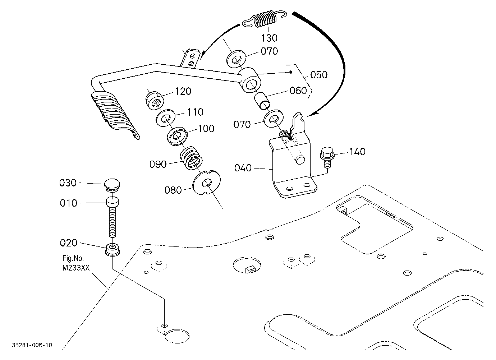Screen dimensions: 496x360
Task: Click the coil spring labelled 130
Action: tap(265, 19)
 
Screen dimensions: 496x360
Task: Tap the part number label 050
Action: tap(319, 75)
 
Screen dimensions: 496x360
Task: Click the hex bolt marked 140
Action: tap(327, 157)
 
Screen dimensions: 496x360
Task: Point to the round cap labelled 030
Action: tap(112, 185)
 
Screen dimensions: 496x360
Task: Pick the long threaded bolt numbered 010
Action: tap(112, 217)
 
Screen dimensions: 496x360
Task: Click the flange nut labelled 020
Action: tap(112, 249)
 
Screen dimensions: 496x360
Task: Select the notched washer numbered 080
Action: tap(206, 183)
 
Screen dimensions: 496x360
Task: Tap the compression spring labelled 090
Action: tap(191, 158)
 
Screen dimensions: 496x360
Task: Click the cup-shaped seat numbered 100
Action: tap(177, 136)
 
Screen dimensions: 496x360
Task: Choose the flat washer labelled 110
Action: tap(165, 118)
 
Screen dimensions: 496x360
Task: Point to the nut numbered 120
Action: tap(155, 101)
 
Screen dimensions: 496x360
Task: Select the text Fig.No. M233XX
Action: tap(76, 263)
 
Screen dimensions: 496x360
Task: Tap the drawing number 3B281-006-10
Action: tap(32, 345)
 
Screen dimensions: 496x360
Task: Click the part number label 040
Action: tap(243, 168)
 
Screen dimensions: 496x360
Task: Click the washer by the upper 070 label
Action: tap(236, 59)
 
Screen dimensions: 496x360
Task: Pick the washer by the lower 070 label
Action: tap(274, 119)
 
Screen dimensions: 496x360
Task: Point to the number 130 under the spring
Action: tap(269, 38)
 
